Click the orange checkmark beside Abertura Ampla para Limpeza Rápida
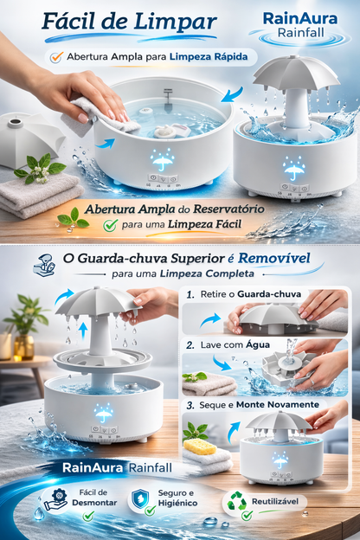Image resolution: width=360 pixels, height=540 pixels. [56, 57]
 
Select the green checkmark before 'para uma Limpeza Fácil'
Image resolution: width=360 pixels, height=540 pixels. [110, 225]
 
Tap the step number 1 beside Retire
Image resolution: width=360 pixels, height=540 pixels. [190, 295]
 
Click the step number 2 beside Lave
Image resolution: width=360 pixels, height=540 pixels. [190, 344]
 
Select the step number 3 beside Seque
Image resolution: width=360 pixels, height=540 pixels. [190, 405]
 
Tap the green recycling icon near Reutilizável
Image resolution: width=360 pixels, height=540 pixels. [235, 501]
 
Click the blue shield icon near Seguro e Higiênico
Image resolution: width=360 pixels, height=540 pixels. [140, 500]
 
